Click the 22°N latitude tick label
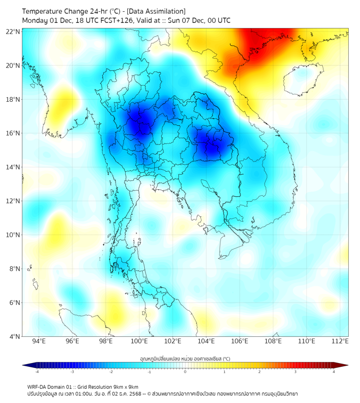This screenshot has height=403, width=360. coord(13,31)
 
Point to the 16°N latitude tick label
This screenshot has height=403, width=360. coord(13,133)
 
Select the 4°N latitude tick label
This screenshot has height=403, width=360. coord(14,336)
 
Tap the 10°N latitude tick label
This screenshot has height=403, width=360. coord(13,235)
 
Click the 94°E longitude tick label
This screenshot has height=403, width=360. coord(39,342)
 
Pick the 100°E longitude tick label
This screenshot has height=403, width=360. coord(139,342)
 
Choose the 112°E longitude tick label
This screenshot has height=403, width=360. coord(340,342)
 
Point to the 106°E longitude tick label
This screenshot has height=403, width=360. coord(240,342)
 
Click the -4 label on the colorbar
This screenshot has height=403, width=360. coord(37,372)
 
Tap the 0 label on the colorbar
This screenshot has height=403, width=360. coord(185,372)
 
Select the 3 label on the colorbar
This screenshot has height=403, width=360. coord(297,372)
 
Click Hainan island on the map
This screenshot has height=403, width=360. coord(301,82)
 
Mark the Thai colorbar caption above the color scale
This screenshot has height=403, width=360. coord(185,358)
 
